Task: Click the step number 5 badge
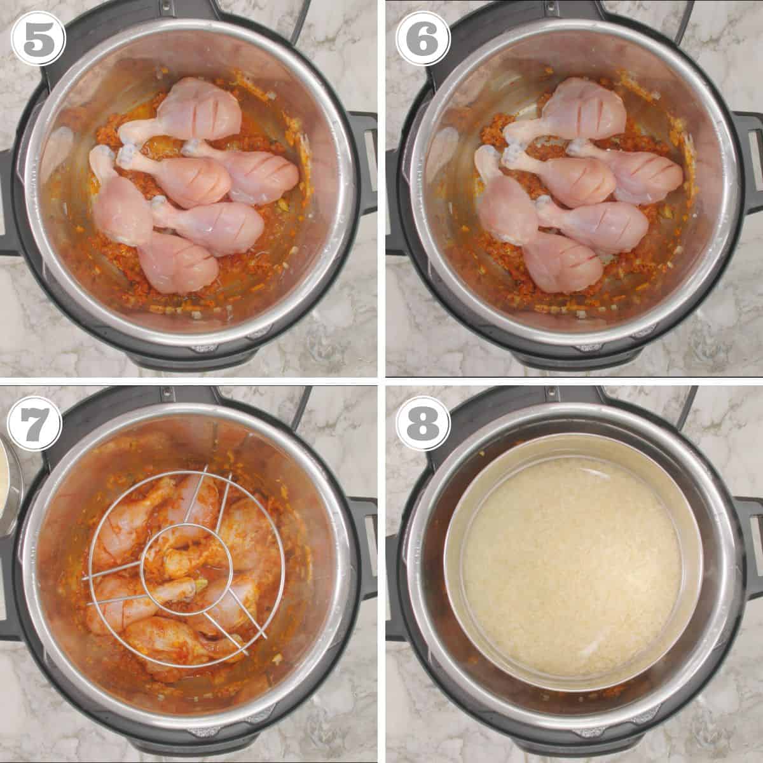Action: (x=38, y=39)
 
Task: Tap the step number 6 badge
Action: (x=423, y=38)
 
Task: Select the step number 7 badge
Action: (x=35, y=423)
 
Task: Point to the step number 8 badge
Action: (x=423, y=423)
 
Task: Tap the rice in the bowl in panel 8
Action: (x=572, y=570)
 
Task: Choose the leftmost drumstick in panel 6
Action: (x=502, y=198)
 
